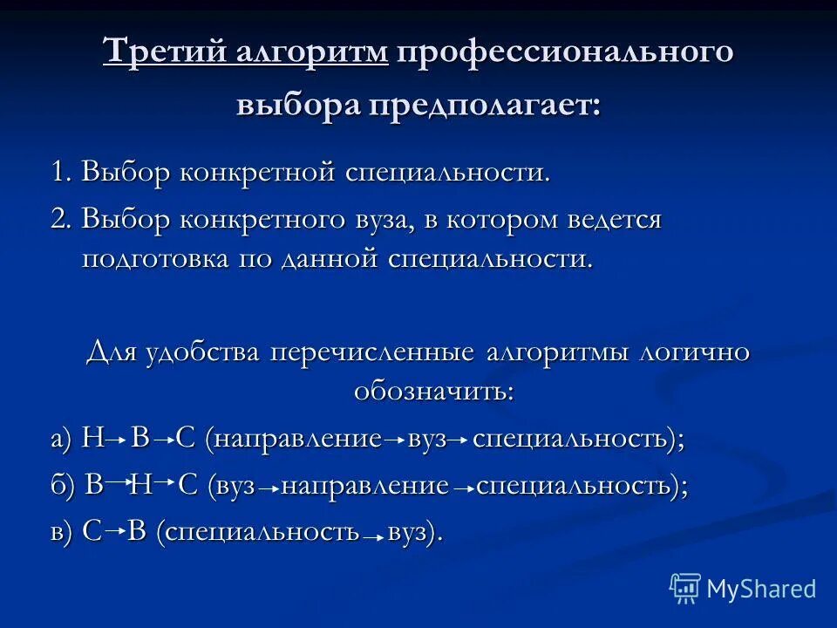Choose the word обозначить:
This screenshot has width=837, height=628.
coord(434,390)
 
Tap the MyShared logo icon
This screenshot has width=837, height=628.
coord(684,589)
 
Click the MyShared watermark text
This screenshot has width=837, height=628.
coord(761,589)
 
